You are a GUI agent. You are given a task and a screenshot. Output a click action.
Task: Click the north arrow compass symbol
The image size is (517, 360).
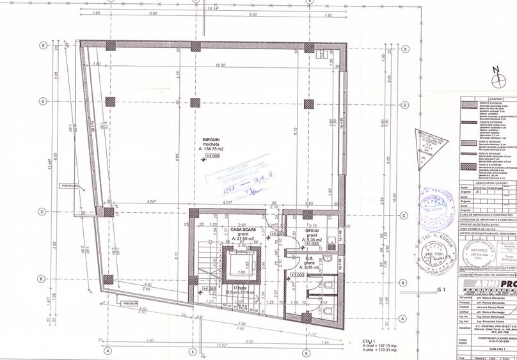click(497, 80)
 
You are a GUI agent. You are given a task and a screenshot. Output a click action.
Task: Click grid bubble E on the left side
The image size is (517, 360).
click(43, 45)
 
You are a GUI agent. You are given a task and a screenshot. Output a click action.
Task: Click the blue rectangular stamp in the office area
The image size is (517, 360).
click(230, 176)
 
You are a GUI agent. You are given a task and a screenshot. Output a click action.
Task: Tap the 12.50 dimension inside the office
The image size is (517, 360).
click(222, 65)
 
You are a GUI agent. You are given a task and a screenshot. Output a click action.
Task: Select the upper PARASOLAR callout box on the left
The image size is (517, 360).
click(67, 186)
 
